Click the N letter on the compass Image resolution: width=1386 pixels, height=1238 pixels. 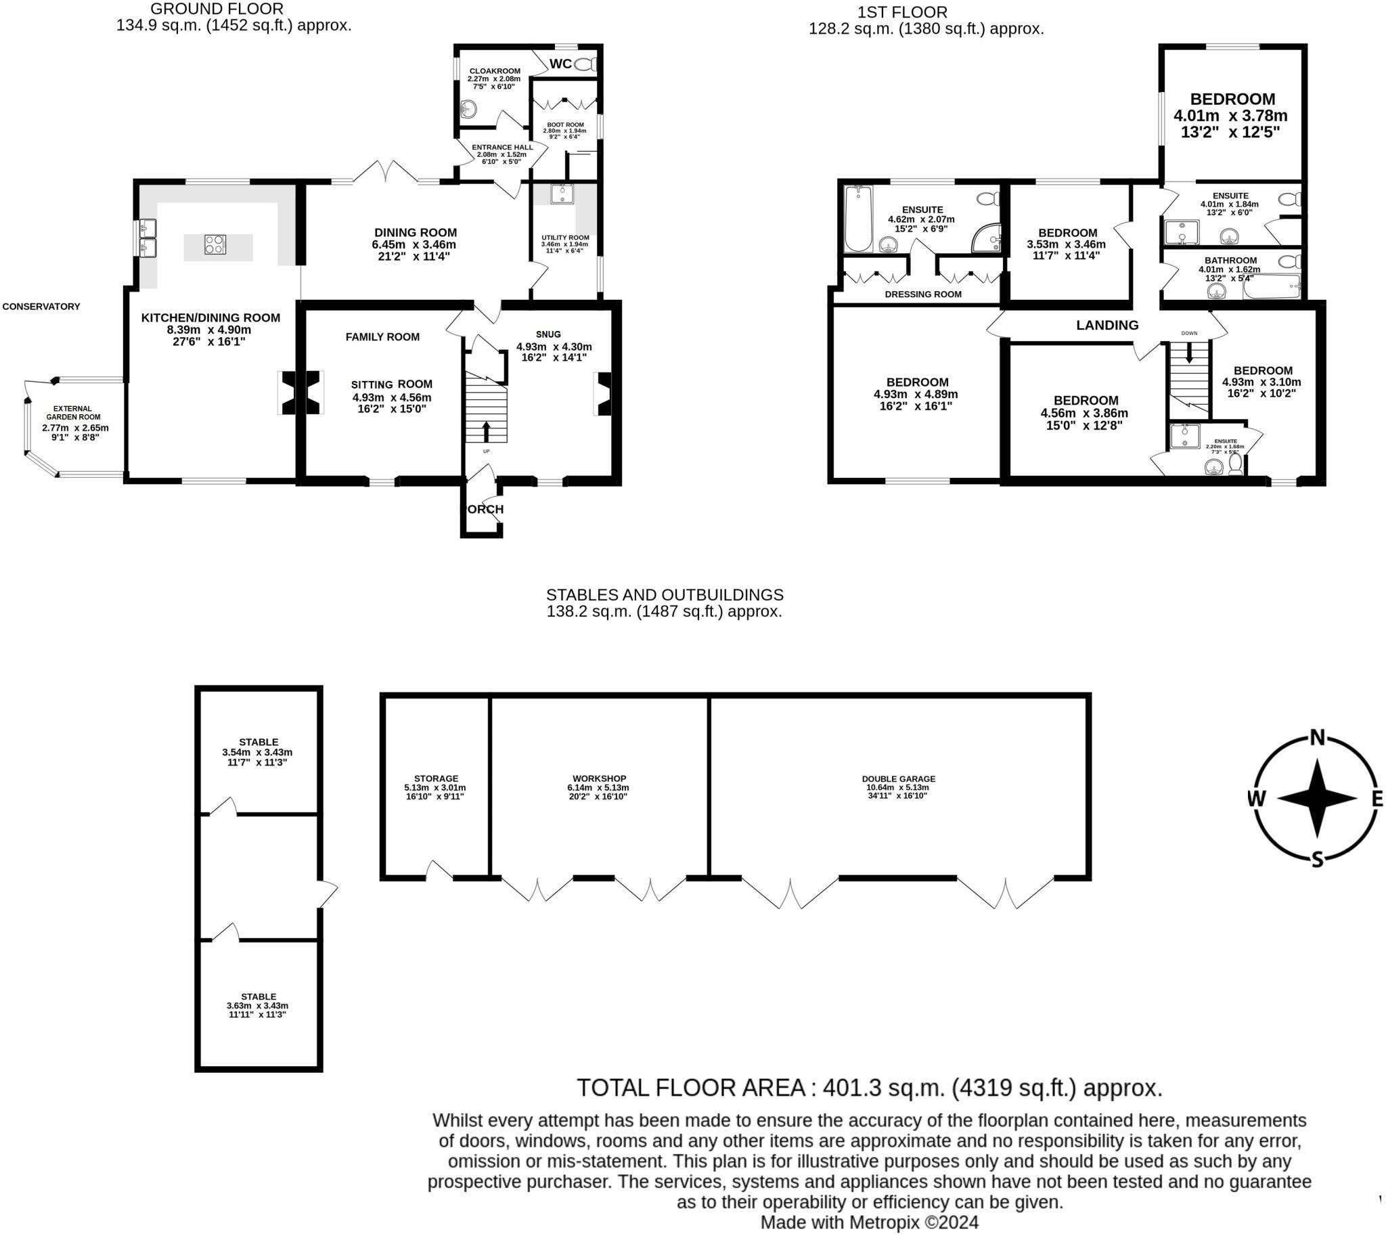tap(1316, 737)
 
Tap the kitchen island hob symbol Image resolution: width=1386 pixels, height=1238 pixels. tap(215, 244)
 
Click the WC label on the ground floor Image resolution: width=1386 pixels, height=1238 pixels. tap(560, 64)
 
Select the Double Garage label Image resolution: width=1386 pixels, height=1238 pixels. tap(897, 779)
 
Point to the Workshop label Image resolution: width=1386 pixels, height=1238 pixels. tap(598, 779)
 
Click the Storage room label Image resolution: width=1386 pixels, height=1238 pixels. tap(436, 779)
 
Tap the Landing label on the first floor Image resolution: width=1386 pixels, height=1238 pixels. tap(1106, 325)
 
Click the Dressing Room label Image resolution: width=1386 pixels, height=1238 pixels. tap(922, 294)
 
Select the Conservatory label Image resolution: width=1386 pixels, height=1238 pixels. tap(41, 307)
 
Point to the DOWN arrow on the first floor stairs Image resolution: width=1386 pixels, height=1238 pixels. tap(1189, 352)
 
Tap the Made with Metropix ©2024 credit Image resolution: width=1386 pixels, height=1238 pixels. tap(868, 1222)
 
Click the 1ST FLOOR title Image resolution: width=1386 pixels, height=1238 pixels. tap(902, 12)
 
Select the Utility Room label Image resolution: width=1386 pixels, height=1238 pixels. tap(564, 238)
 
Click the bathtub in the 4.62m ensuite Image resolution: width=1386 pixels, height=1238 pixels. tap(857, 219)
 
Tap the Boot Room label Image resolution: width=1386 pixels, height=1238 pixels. tap(565, 125)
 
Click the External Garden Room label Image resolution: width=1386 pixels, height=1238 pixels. tap(73, 413)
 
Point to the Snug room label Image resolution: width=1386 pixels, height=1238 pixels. tap(547, 334)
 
